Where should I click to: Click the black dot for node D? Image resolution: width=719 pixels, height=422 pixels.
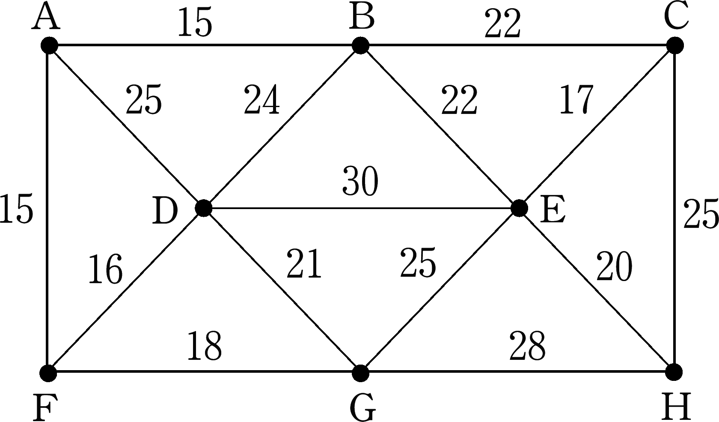pyautogui.click(x=204, y=208)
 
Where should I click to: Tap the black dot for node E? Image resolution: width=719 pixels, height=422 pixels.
pyautogui.click(x=519, y=208)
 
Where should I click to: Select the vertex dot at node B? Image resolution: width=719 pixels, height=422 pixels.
pyautogui.click(x=361, y=45)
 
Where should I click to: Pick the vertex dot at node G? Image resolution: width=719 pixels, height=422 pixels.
pyautogui.click(x=361, y=373)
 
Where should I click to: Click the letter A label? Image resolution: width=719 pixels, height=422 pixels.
pyautogui.click(x=46, y=19)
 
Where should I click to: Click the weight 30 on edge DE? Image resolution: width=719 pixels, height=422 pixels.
pyautogui.click(x=360, y=181)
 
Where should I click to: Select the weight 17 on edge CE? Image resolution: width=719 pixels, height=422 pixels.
pyautogui.click(x=576, y=99)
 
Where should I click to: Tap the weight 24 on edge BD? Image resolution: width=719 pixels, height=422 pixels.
pyautogui.click(x=261, y=99)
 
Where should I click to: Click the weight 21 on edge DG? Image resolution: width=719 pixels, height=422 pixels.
pyautogui.click(x=304, y=263)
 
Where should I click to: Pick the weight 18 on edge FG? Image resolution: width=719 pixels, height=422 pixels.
pyautogui.click(x=204, y=345)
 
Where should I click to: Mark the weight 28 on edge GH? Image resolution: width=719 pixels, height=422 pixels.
pyautogui.click(x=527, y=345)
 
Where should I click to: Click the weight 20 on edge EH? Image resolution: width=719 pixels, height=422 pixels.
pyautogui.click(x=615, y=266)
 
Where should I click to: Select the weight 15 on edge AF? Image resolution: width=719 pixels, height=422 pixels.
pyautogui.click(x=16, y=208)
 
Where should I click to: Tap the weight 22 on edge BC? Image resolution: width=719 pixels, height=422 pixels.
pyautogui.click(x=502, y=23)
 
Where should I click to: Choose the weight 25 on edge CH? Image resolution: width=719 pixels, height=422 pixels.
pyautogui.click(x=701, y=214)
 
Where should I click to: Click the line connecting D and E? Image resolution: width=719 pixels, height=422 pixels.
pyautogui.click(x=361, y=208)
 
